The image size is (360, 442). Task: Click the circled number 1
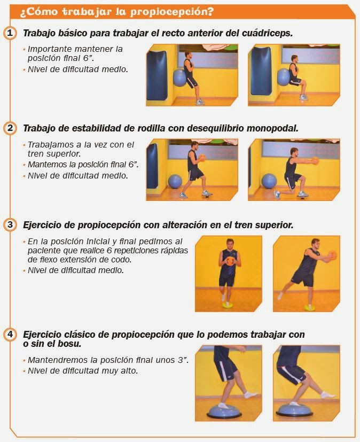[x=10, y=33]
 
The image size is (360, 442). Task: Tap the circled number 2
[x=10, y=128]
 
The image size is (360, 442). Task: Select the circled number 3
[x=10, y=224]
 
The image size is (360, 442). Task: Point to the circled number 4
[x=10, y=335]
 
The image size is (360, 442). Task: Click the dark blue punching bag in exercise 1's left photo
[x=157, y=73]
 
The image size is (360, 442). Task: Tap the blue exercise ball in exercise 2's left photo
[x=175, y=182]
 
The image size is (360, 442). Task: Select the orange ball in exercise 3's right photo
[x=331, y=255]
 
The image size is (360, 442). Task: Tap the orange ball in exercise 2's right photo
[x=315, y=160]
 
